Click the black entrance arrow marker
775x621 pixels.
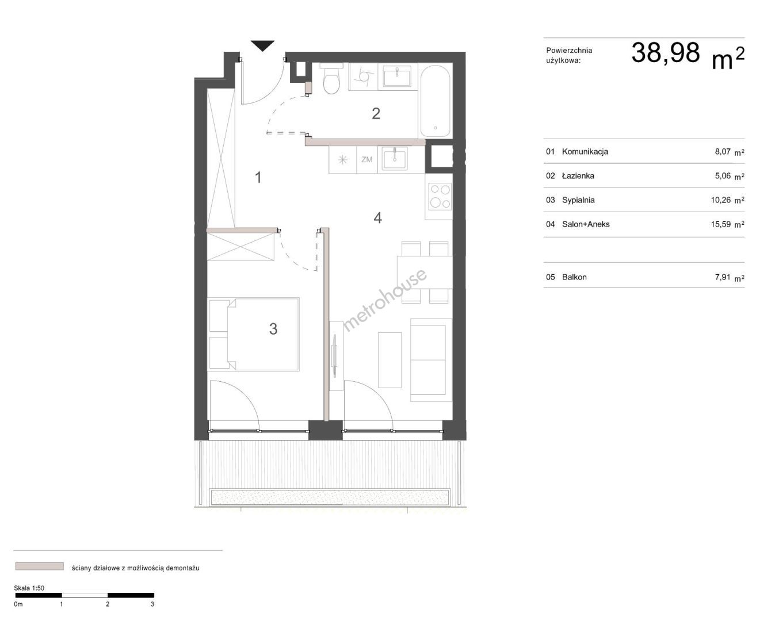tap(262, 45)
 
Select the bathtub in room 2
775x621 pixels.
tap(435, 101)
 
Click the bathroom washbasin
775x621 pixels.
tap(396, 76)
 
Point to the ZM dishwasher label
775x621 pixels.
tap(366, 159)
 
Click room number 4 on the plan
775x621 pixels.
tap(377, 218)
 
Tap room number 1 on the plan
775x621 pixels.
tap(258, 178)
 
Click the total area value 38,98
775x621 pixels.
tap(666, 53)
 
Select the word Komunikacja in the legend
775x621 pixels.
tap(585, 152)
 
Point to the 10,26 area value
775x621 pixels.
tap(720, 200)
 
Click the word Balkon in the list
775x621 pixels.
tap(574, 277)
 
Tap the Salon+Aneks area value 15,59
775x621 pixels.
tap(720, 224)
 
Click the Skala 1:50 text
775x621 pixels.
tap(29, 588)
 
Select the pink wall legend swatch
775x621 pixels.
tap(39, 566)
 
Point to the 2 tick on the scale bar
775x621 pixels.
tap(108, 604)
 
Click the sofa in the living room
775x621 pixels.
tap(431, 360)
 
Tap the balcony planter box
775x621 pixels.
tap(330, 497)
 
